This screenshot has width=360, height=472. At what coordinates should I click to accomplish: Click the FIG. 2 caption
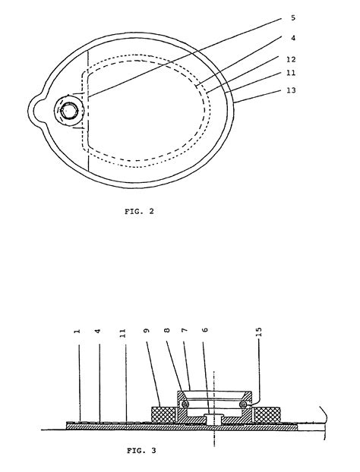(x=141, y=212)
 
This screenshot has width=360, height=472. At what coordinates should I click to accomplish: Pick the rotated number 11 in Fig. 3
(x=123, y=332)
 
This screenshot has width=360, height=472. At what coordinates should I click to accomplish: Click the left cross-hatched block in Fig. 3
(x=164, y=415)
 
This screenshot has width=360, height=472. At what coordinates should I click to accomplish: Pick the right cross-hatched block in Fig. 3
(x=267, y=415)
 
